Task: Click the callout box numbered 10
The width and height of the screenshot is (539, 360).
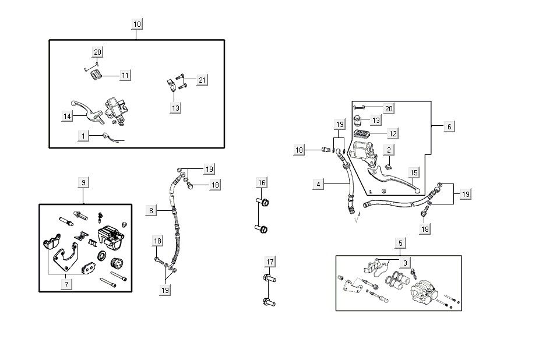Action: [137, 24]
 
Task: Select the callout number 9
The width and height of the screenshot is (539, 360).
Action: [83, 182]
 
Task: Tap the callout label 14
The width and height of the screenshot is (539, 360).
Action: [68, 116]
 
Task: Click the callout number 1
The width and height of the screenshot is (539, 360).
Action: [83, 135]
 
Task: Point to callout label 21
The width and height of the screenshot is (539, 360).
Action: [202, 80]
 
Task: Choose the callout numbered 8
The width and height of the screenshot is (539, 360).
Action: [151, 210]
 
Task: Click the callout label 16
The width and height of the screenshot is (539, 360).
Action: [262, 183]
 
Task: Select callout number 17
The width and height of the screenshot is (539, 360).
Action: [269, 262]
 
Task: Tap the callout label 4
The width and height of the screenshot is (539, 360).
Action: [318, 185]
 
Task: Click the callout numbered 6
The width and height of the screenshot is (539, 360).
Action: [449, 126]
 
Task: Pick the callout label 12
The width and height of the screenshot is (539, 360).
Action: [393, 133]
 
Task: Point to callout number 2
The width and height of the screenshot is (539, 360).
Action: [389, 150]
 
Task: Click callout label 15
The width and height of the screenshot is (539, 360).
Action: [414, 172]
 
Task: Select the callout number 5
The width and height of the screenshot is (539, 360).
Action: [399, 242]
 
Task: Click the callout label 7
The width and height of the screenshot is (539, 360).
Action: [67, 284]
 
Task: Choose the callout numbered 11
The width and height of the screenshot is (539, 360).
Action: [125, 75]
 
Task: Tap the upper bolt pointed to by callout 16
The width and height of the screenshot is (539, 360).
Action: [263, 203]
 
